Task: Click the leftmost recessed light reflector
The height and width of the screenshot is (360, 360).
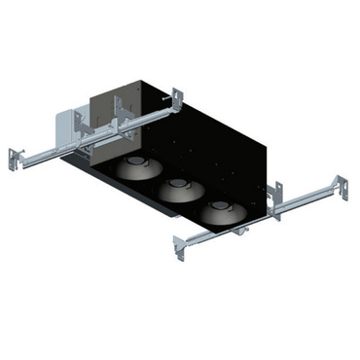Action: pos(137,169)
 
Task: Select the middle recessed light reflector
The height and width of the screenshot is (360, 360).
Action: pos(176,189)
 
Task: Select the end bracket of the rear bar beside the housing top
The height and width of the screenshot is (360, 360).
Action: pos(178,98)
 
